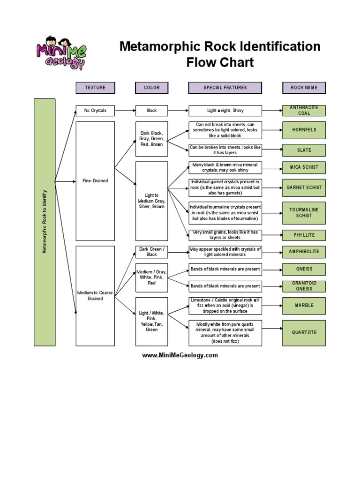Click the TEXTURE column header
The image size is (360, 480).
(95, 88)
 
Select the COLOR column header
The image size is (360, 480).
(151, 88)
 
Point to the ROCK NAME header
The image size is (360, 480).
(304, 88)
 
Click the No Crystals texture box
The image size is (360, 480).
(95, 111)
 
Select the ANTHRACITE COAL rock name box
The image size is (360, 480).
(304, 111)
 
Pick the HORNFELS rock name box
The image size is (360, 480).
(304, 130)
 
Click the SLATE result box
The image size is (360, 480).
(304, 150)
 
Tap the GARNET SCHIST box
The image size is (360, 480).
(304, 187)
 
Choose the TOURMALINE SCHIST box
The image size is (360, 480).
(304, 212)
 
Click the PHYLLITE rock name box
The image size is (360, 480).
(304, 235)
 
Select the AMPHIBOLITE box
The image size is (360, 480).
(304, 252)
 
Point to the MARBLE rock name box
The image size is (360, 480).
(304, 305)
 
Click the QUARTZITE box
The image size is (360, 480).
(304, 332)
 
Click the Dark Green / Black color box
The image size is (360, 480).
(151, 252)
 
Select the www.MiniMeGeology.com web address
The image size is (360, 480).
(180, 355)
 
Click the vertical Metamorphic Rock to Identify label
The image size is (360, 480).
(45, 222)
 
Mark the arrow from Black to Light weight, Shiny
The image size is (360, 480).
(178, 111)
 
